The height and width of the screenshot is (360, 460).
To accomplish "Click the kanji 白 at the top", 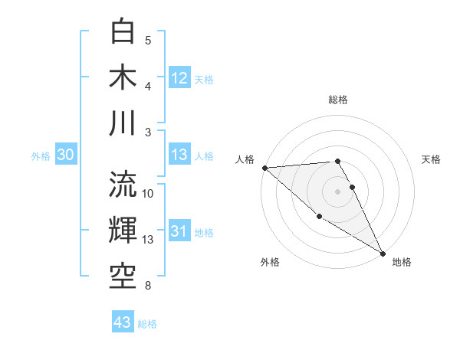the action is tap(123, 31).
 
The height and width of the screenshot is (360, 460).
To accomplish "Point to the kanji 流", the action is tap(123, 184).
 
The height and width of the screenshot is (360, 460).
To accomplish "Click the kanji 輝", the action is tap(123, 230).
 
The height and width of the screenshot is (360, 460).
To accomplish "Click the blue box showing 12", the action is tap(179, 77).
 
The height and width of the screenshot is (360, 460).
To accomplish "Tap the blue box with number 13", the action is tap(179, 155).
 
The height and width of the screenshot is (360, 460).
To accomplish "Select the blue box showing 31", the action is tap(179, 231).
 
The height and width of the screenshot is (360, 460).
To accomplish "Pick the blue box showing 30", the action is tap(66, 155).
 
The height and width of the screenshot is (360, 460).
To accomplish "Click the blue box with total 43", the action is tap(123, 322).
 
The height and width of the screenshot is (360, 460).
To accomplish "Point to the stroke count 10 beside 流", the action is tap(148, 193).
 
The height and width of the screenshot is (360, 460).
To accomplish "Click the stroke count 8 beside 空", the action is tap(148, 286).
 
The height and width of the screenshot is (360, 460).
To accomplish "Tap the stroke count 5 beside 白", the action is tap(148, 41).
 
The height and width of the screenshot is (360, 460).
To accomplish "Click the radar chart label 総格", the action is tap(338, 100).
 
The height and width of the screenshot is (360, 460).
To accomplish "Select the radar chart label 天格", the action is tap(432, 159).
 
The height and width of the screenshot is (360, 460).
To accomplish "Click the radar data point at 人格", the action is tap(264, 168).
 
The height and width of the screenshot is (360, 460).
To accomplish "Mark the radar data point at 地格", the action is tap(383, 253).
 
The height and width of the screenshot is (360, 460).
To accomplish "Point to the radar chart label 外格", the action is tap(270, 262).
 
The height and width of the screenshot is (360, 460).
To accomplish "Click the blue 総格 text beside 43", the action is tap(147, 324).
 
